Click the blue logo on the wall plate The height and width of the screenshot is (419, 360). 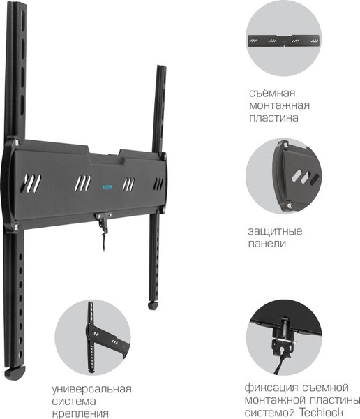(x=107, y=187)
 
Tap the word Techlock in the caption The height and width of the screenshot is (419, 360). (x=320, y=411)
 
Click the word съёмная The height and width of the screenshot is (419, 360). (x=272, y=94)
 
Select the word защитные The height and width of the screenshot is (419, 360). (x=275, y=231)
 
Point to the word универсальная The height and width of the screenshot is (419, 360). (x=91, y=389)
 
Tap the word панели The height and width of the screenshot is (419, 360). (x=267, y=244)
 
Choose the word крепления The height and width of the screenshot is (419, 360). (x=80, y=413)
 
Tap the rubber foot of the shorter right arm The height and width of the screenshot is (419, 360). (x=153, y=305)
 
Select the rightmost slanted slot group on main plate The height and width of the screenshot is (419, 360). (x=158, y=184)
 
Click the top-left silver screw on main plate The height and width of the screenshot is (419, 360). (x=17, y=142)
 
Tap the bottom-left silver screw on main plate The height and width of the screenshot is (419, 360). (x=15, y=227)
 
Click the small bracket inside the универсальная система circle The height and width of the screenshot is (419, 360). (x=106, y=339)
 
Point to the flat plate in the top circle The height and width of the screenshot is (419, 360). (x=284, y=41)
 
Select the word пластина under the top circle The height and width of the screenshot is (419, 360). (x=273, y=118)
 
